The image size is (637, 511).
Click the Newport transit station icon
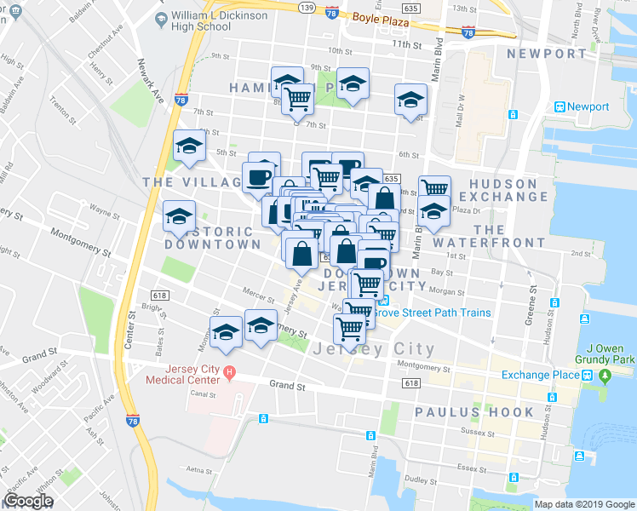[560, 107]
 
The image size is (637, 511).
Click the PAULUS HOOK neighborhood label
[474, 412]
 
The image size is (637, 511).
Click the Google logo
[28, 501]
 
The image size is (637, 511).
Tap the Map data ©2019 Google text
[584, 504]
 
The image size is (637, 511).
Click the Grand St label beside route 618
[287, 386]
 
